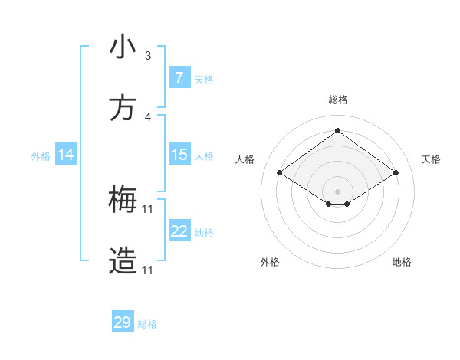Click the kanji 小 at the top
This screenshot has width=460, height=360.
(123, 47)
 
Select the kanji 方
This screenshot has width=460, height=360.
(123, 109)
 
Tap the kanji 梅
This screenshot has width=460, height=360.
(123, 201)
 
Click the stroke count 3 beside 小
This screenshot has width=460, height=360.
(148, 56)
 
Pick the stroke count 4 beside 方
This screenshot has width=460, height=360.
(148, 117)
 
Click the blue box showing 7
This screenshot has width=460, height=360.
(179, 78)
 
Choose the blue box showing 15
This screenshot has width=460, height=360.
(179, 155)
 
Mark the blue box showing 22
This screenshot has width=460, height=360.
(179, 231)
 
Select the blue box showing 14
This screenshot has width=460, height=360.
(66, 155)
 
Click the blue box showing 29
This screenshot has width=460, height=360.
(123, 322)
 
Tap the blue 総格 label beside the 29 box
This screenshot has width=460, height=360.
(148, 324)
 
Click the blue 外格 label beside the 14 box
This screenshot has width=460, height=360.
(41, 156)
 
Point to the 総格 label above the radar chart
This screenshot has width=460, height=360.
(338, 100)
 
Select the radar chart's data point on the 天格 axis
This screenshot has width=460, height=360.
(396, 173)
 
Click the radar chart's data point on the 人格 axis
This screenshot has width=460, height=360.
(280, 173)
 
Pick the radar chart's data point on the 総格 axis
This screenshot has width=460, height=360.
(338, 129)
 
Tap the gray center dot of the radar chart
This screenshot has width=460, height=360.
(338, 191)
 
